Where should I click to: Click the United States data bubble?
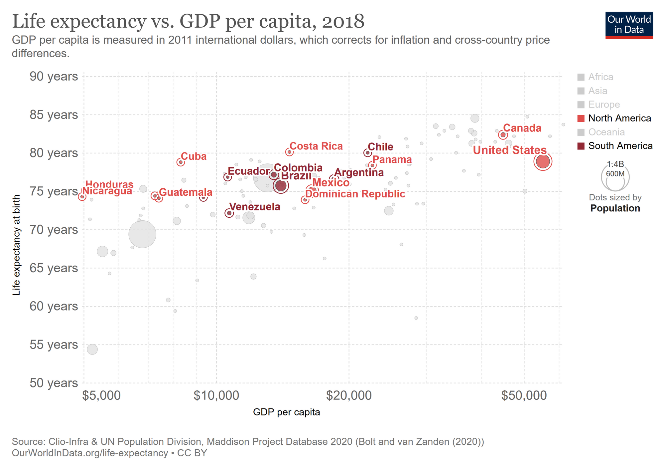pyautogui.click(x=543, y=162)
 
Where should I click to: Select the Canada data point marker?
pyautogui.click(x=503, y=135)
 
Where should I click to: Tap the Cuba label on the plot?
pyautogui.click(x=194, y=156)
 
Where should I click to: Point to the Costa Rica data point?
pyautogui.click(x=289, y=152)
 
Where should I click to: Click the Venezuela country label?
pyautogui.click(x=255, y=207)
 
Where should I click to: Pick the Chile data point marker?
pyautogui.click(x=367, y=153)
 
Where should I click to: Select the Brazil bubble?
pyautogui.click(x=281, y=185)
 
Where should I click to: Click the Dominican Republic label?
pyautogui.click(x=355, y=194)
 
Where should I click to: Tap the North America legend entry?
pyautogui.click(x=619, y=118)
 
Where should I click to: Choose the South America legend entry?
pyautogui.click(x=620, y=146)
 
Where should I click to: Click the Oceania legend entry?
pyautogui.click(x=606, y=132)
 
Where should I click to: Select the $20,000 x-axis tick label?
pyautogui.click(x=349, y=395)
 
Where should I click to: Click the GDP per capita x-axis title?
pyautogui.click(x=286, y=412)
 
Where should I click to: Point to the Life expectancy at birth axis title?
pyautogui.click(x=16, y=245)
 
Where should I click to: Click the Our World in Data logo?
pyautogui.click(x=629, y=25)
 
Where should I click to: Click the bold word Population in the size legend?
pyautogui.click(x=615, y=208)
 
